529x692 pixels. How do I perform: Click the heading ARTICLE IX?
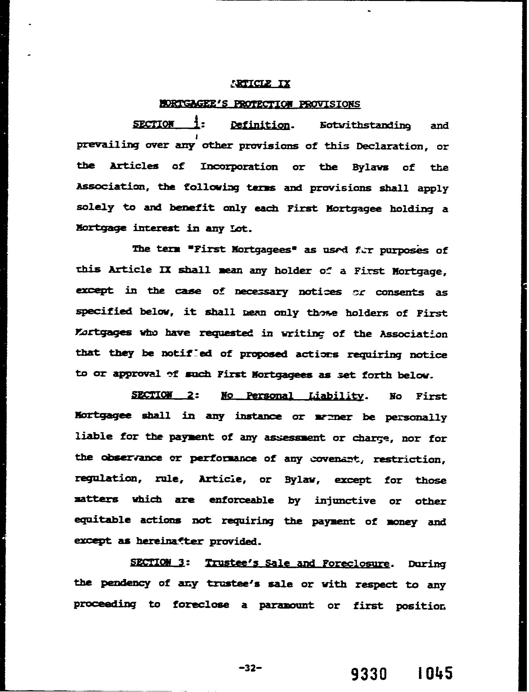click(260, 84)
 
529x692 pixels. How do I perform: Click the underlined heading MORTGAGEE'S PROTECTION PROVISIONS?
click(260, 104)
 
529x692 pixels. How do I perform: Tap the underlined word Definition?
click(260, 125)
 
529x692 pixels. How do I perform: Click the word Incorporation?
click(239, 167)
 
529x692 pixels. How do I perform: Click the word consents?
click(404, 292)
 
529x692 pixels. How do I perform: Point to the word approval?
click(137, 374)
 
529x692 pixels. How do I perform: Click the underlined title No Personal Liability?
click(292, 396)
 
